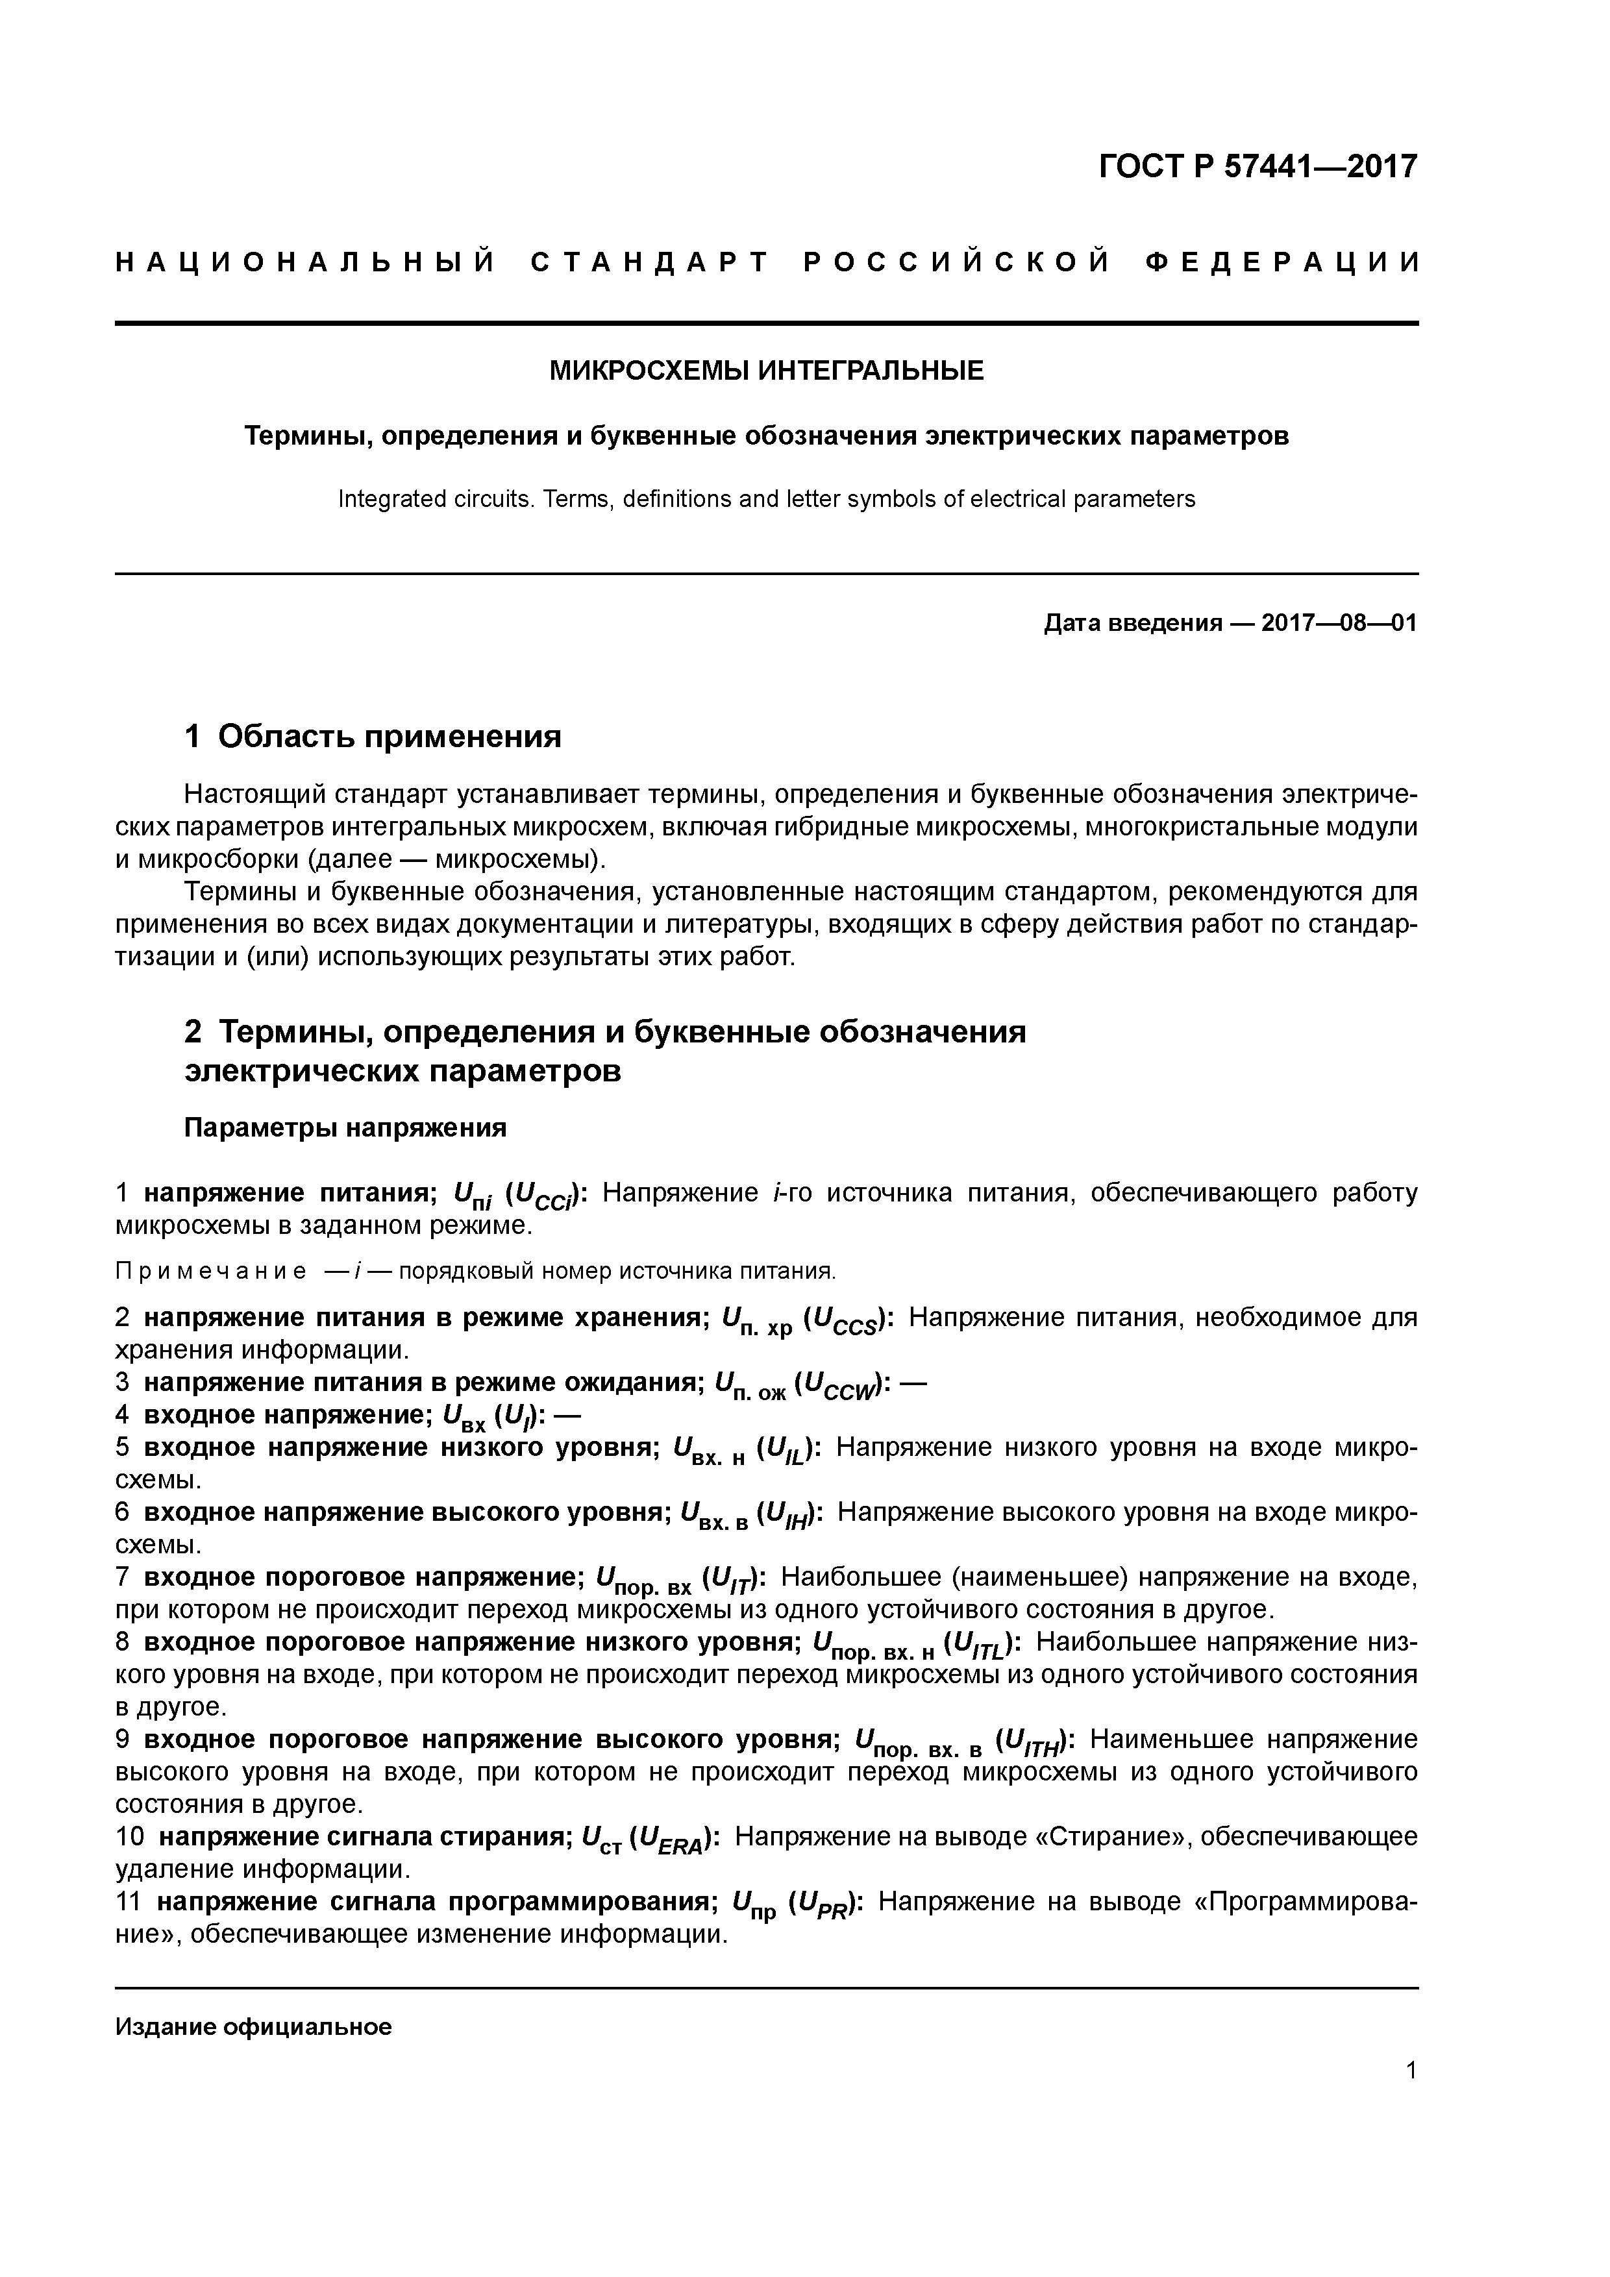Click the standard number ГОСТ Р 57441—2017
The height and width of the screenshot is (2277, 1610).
pos(1258,166)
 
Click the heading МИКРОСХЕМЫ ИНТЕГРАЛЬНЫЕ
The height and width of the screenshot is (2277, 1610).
pos(767,371)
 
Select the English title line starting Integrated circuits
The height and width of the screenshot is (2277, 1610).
pos(767,499)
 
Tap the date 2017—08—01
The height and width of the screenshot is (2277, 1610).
pos(1339,623)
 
